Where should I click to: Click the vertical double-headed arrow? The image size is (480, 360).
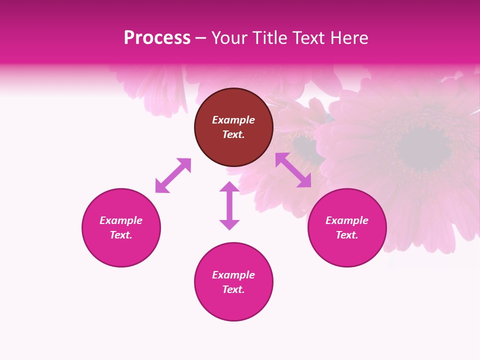coord(229,205)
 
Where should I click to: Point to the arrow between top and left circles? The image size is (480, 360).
coord(173,175)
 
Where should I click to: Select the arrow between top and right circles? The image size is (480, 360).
coord(293,170)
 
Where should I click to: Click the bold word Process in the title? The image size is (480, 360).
coord(157,37)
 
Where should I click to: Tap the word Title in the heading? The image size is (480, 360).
coord(271,37)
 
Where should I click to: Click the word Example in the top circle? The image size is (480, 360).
coord(233,120)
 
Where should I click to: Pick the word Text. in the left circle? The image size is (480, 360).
coord(121,235)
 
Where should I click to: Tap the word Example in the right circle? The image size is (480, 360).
coord(347,220)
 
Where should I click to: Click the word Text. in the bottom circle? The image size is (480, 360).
coord(233,289)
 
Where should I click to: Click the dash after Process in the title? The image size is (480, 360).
coord(201,38)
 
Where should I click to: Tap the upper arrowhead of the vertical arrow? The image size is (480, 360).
coord(229,186)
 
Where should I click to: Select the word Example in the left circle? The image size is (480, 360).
coord(121,220)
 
